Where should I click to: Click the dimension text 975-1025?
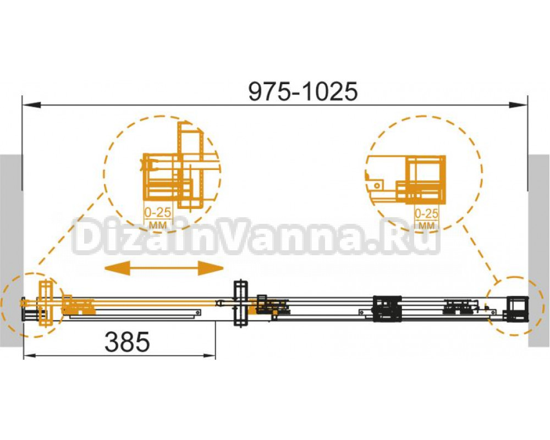303,92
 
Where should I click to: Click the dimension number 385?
127,342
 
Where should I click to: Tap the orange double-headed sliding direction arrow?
164,268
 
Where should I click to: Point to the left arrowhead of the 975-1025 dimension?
31,105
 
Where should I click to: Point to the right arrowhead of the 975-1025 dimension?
518,105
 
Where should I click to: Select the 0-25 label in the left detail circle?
157,212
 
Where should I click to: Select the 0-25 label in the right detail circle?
427,213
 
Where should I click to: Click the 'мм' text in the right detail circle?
427,226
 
